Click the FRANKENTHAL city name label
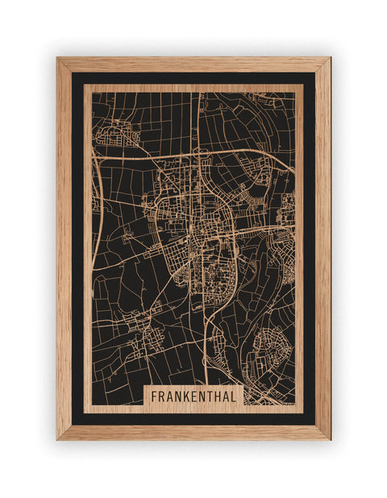click(193, 396)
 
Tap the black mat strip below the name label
click(193, 418)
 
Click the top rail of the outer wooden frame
click(193, 64)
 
